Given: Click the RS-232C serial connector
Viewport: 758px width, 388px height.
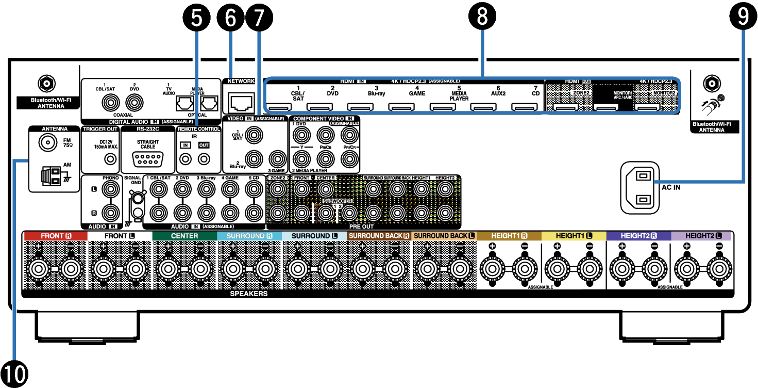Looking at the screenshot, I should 148,159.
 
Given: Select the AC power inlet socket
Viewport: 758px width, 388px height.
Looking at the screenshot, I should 640,188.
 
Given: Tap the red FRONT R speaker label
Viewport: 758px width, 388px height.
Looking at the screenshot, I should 56,236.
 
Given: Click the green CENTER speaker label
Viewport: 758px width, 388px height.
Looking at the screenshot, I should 184,236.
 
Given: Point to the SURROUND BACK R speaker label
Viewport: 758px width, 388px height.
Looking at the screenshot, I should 379,236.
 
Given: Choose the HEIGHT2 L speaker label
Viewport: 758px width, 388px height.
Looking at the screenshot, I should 701,236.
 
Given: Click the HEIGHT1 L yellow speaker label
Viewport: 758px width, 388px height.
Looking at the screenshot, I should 574,236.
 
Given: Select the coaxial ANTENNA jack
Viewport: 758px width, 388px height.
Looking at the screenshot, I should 48,143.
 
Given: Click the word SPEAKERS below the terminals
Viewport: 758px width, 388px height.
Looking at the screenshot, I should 249,294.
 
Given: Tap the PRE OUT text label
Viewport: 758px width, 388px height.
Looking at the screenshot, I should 361,227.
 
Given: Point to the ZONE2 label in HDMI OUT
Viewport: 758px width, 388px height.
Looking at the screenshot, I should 580,93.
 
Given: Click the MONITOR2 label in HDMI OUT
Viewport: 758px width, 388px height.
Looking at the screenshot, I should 664,93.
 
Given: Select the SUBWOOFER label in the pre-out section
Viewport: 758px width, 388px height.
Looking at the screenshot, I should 338,201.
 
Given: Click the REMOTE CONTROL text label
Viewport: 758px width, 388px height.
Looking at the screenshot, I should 199,129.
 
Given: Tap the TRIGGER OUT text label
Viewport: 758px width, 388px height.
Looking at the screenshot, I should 100,129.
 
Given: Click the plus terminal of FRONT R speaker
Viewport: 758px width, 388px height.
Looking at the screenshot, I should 38,269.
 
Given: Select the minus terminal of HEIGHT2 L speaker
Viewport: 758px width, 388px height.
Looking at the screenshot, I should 719,269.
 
